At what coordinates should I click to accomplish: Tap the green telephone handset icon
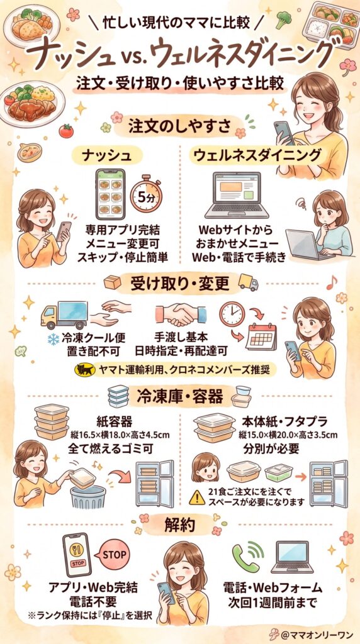coord(247,557)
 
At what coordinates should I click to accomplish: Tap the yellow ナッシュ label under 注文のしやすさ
coord(106,155)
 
